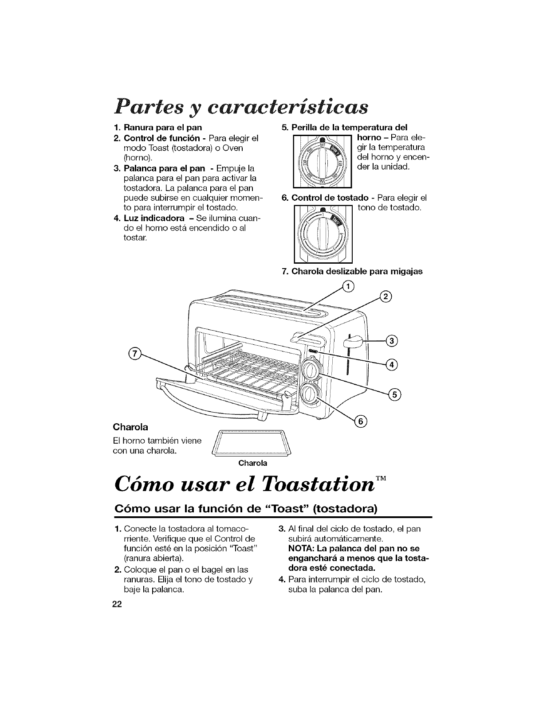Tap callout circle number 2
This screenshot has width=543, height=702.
point(385,297)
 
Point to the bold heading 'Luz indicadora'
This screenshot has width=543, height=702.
point(149,217)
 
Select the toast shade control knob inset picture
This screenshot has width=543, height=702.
point(323,234)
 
